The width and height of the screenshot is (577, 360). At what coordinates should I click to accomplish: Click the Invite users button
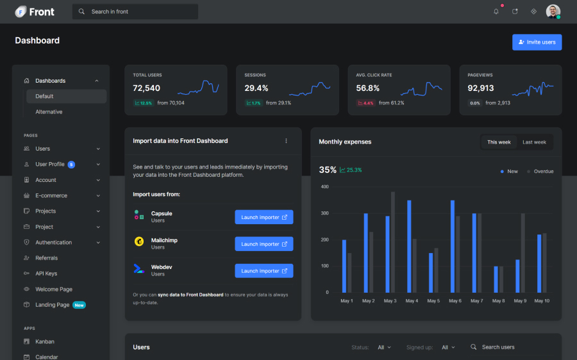pos(537,42)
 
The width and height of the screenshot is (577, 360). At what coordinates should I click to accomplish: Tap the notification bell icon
pos(496,12)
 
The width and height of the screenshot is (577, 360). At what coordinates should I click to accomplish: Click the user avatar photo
pos(553,12)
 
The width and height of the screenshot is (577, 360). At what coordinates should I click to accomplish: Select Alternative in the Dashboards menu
pos(49,112)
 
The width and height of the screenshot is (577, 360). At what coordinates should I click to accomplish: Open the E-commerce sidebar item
pos(51,195)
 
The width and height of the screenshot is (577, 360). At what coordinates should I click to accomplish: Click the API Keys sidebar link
pos(46,274)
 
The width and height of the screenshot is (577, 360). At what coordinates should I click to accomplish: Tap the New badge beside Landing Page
pos(79,305)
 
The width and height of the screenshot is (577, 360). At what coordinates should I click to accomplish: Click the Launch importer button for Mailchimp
pos(264,244)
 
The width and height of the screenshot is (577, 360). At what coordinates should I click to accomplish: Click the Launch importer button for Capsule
pos(264,217)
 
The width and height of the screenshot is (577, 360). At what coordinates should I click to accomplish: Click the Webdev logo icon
pos(138,268)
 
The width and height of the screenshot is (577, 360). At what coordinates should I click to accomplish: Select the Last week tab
pos(534,142)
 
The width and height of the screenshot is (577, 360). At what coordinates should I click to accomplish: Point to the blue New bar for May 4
pos(409,246)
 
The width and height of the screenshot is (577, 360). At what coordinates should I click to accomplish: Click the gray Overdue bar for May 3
pos(393,241)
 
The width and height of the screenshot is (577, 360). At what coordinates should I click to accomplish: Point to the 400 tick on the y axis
pos(324,187)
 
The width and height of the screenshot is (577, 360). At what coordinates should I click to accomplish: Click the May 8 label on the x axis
pos(498,301)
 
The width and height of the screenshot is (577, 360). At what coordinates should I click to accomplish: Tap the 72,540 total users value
pos(146,88)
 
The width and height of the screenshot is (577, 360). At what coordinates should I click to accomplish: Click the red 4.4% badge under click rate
pos(365,103)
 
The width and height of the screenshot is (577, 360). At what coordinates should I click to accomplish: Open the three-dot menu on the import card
pos(286,141)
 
